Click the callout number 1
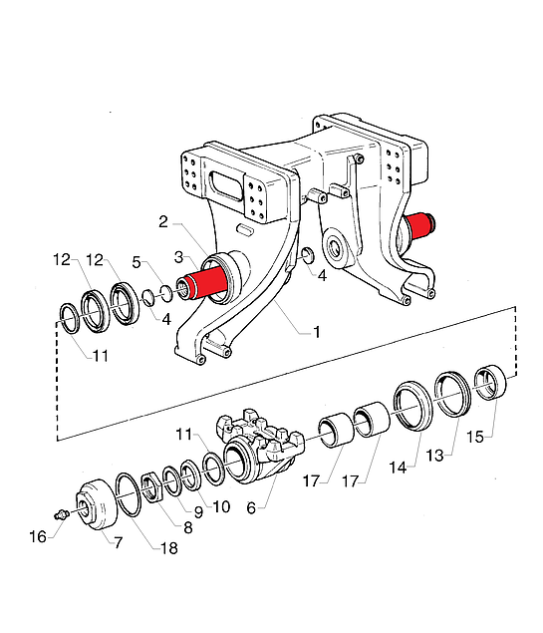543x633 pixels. click(317, 332)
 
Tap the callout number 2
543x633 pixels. click(163, 221)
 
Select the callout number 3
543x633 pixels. click(179, 257)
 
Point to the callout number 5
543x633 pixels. click(136, 262)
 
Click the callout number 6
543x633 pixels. click(251, 508)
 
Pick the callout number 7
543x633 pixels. click(118, 542)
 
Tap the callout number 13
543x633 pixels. click(434, 456)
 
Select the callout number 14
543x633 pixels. click(398, 468)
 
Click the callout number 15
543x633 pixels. click(475, 437)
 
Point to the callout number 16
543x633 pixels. click(38, 537)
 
